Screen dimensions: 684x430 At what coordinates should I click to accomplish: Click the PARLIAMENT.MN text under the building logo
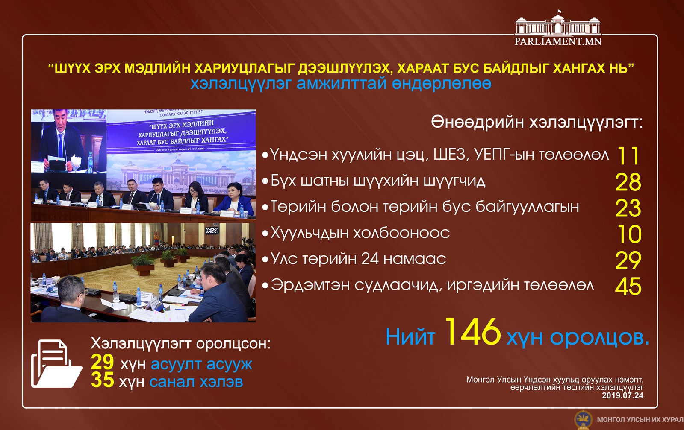558,41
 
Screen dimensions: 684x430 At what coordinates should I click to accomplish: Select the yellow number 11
628,156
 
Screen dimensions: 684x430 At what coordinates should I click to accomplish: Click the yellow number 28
628,182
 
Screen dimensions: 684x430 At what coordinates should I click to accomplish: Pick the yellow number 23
628,208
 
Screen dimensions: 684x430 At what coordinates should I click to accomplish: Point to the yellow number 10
629,234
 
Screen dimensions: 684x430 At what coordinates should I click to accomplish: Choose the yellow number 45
628,287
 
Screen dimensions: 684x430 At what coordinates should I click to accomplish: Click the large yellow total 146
473,332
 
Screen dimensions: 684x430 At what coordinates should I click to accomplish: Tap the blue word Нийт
411,337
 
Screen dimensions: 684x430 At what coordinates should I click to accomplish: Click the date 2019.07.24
622,395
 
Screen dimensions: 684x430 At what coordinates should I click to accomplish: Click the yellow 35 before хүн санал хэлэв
102,380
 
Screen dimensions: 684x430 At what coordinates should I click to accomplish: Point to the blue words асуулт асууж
201,364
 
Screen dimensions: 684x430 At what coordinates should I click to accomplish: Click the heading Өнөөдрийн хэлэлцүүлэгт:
537,123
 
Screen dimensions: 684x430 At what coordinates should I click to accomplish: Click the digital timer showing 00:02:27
212,230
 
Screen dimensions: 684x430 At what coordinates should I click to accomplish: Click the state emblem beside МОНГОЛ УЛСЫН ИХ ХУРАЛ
583,420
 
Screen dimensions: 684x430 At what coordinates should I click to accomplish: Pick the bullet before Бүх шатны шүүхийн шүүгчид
265,181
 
